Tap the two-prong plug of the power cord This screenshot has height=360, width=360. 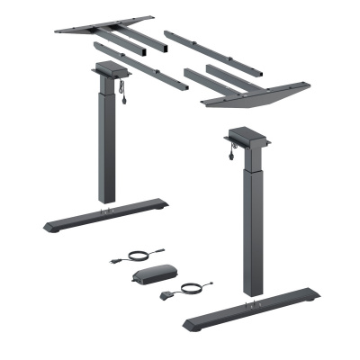pyautogui.click(x=114, y=262)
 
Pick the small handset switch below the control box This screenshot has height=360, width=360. pyautogui.click(x=165, y=294)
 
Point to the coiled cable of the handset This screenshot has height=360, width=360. pyautogui.click(x=191, y=288)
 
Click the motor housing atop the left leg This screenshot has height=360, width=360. pyautogui.click(x=109, y=70)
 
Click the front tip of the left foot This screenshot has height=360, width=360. pyautogui.click(x=49, y=225)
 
